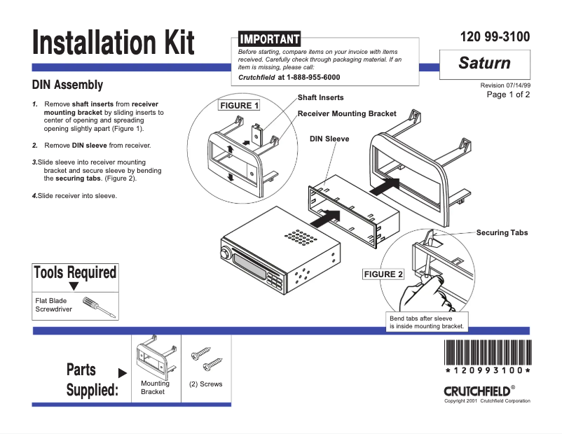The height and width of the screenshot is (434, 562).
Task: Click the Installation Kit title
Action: [x=113, y=43]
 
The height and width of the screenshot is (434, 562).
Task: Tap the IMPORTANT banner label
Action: [x=269, y=38]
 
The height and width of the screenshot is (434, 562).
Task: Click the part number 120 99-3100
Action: [x=495, y=37]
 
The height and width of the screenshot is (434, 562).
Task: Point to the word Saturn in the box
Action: [x=484, y=63]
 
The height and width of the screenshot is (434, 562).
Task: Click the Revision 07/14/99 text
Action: [x=505, y=85]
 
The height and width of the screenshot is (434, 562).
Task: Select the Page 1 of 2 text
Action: [x=508, y=94]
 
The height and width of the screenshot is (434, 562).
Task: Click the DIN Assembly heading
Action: [x=68, y=85]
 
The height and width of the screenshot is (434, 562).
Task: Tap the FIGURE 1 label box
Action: [x=239, y=106]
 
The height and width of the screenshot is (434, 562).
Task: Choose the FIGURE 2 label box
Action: [x=383, y=274]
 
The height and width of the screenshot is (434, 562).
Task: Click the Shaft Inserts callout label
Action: [x=320, y=97]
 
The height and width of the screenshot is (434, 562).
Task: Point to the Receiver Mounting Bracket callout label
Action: [x=347, y=113]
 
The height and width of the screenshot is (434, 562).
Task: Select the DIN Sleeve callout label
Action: [x=329, y=139]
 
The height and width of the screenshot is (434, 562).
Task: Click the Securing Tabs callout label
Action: [x=502, y=232]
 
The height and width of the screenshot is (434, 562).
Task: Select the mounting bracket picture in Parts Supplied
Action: [x=153, y=357]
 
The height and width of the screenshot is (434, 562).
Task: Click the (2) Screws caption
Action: [x=206, y=384]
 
